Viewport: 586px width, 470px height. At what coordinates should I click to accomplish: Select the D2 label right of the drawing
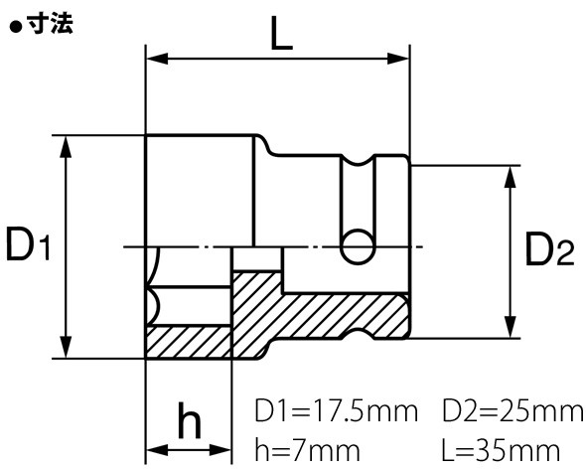550,249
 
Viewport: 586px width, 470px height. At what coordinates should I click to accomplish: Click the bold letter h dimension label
190,420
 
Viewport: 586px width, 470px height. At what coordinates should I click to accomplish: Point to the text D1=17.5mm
336,411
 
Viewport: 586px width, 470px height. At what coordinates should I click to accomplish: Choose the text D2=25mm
513,411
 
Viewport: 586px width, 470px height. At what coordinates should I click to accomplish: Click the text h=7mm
307,450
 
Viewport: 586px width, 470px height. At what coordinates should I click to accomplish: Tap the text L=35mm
502,450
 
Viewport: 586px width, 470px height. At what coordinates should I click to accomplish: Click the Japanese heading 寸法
51,24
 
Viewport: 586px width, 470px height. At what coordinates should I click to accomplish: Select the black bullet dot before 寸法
16,28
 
